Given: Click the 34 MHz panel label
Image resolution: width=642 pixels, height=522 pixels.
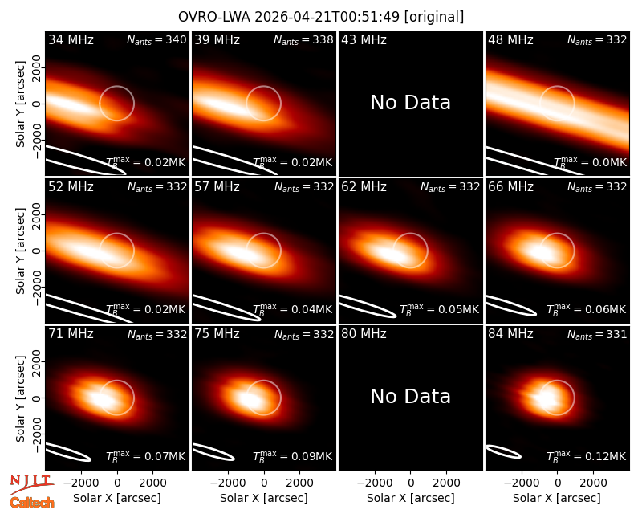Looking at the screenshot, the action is pyautogui.click(x=71, y=39).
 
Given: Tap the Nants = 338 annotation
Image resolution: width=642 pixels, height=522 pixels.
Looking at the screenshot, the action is pyautogui.click(x=303, y=39).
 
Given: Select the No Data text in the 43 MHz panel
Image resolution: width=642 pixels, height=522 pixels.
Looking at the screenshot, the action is pyautogui.click(x=410, y=103).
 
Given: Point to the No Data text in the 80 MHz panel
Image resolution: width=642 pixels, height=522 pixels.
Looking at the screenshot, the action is pyautogui.click(x=410, y=396).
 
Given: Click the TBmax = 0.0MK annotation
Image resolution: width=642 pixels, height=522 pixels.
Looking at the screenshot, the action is pyautogui.click(x=590, y=162).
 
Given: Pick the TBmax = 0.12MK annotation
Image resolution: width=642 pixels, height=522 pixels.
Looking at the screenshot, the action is pyautogui.click(x=586, y=455).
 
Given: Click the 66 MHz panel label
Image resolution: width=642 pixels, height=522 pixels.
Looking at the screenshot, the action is pyautogui.click(x=510, y=187).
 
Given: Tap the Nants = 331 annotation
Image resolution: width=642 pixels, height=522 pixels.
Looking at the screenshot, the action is pyautogui.click(x=597, y=334).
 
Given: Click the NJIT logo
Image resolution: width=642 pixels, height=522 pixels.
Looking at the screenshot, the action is pyautogui.click(x=31, y=484).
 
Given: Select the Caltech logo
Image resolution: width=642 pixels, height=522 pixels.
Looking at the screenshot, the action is pyautogui.click(x=32, y=503).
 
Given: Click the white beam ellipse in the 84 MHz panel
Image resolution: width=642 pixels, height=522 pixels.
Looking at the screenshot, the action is pyautogui.click(x=503, y=451).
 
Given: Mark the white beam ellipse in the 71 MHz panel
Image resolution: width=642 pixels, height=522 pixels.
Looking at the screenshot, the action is pyautogui.click(x=68, y=452).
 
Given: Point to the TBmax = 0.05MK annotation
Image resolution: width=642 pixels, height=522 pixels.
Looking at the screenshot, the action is pyautogui.click(x=439, y=309).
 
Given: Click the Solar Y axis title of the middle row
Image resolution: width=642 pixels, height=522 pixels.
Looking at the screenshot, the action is pyautogui.click(x=21, y=251).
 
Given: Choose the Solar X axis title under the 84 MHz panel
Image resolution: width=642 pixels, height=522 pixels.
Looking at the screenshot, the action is pyautogui.click(x=557, y=498).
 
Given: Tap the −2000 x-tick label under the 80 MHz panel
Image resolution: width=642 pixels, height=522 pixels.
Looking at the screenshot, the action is pyautogui.click(x=370, y=483).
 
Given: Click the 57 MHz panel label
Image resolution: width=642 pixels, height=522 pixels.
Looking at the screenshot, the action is pyautogui.click(x=217, y=187).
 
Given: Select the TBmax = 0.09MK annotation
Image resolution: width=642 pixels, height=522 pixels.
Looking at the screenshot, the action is pyautogui.click(x=292, y=455).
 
